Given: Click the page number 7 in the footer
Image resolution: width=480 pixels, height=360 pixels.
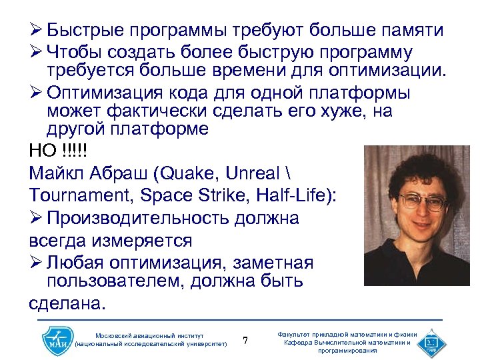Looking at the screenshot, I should coord(245,341).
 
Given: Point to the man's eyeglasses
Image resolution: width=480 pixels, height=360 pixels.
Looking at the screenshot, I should coord(421,200).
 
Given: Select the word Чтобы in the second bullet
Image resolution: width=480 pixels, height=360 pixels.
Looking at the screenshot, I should coord(74,53).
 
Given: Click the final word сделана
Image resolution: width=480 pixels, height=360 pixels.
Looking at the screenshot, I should coord(67,305).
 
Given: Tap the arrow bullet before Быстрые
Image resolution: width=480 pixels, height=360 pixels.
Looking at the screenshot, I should coord(36,31).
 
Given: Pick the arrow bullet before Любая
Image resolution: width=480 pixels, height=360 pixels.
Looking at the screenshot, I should coord(36,261).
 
